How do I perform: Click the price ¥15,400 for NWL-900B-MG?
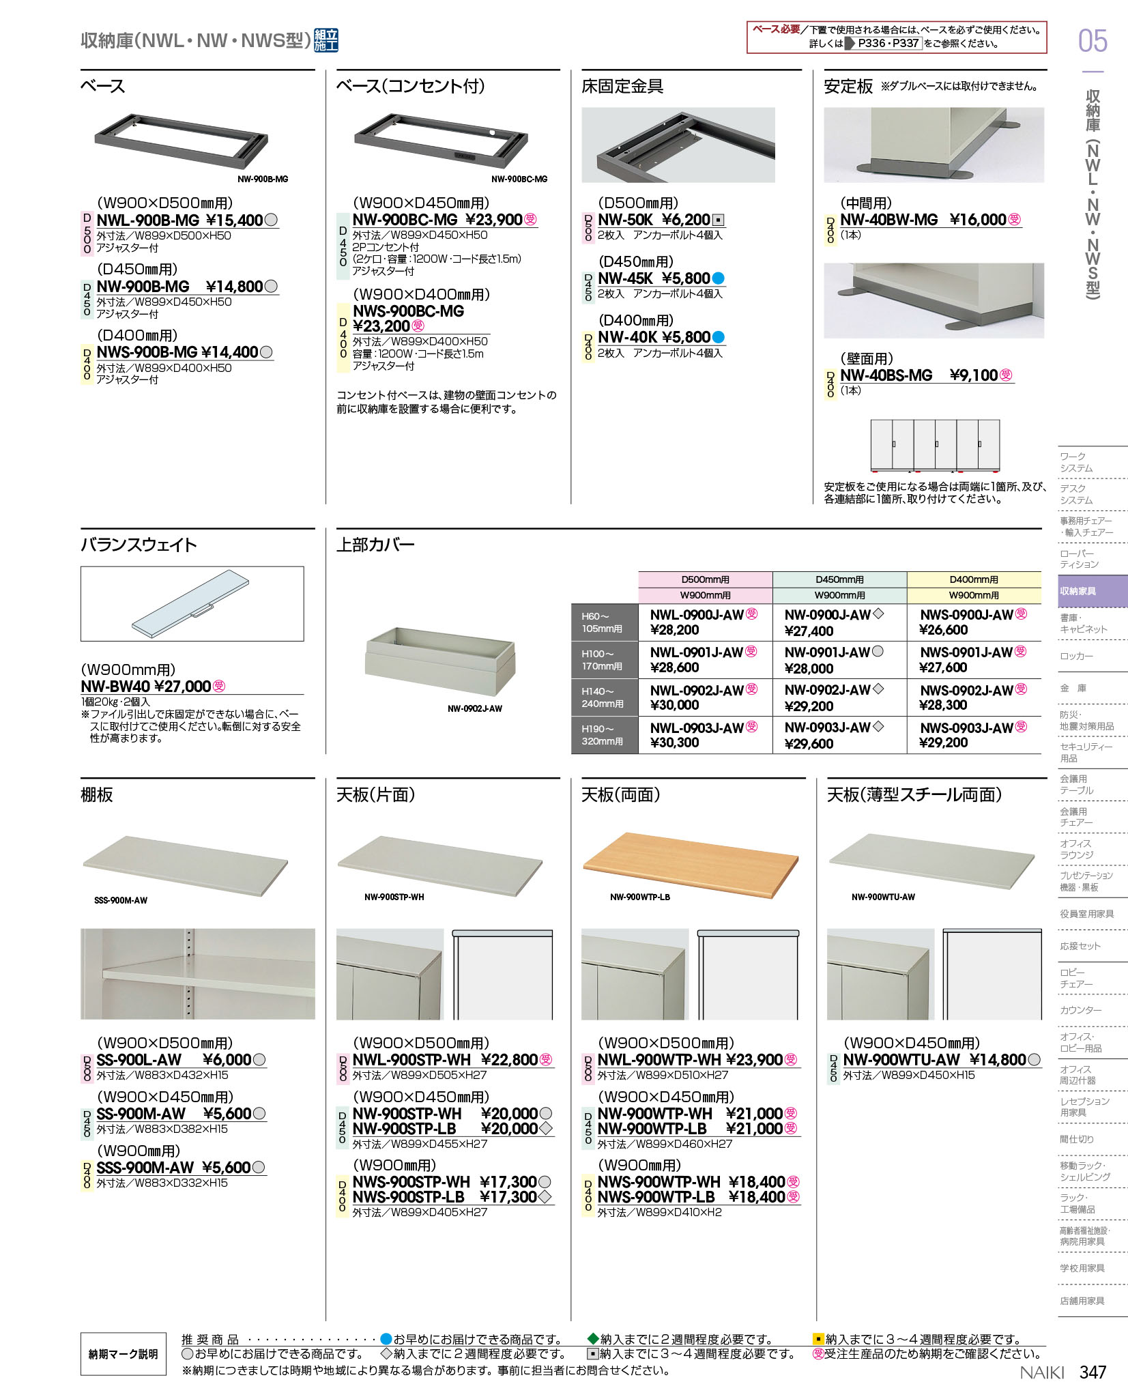234,220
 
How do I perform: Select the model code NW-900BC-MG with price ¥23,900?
405,220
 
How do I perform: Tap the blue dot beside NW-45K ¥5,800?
718,278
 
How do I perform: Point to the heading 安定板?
848,87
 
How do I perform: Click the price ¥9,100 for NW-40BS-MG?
974,375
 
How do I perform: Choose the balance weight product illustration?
192,603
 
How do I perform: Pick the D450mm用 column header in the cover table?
839,579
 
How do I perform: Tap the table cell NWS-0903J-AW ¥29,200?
974,735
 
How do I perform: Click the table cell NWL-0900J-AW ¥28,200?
704,622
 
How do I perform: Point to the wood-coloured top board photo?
690,863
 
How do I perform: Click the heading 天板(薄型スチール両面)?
914,795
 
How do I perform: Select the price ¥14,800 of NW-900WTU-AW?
998,1060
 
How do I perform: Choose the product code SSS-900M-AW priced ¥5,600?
145,1168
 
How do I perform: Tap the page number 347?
1093,1372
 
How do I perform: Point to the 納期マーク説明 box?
124,1354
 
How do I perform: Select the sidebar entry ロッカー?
1076,656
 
